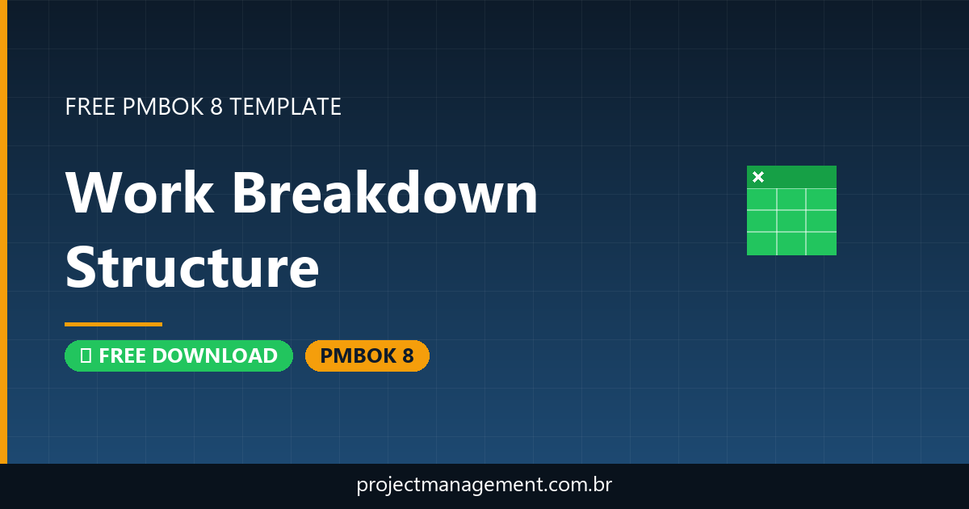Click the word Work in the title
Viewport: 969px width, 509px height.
pyautogui.click(x=140, y=194)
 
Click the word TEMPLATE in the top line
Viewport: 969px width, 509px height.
pyautogui.click(x=285, y=107)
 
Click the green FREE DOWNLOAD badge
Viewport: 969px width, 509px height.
pyautogui.click(x=178, y=355)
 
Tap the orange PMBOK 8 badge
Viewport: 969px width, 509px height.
pyautogui.click(x=367, y=355)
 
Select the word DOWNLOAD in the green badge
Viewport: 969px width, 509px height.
pyautogui.click(x=215, y=355)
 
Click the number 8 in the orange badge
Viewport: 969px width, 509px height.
pyautogui.click(x=408, y=355)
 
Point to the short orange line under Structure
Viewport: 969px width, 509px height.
pyautogui.click(x=113, y=324)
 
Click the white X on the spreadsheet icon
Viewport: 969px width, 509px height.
pyautogui.click(x=758, y=177)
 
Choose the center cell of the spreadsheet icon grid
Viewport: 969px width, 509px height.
pyautogui.click(x=791, y=221)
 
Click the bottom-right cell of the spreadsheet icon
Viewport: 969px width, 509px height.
pyautogui.click(x=821, y=243)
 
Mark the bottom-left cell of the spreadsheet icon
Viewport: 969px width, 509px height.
pyautogui.click(x=761, y=243)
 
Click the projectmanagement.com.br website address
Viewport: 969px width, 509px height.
pyautogui.click(x=484, y=486)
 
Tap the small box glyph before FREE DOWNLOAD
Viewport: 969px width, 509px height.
pyautogui.click(x=85, y=355)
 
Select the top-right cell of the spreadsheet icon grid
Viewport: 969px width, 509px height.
pyautogui.click(x=821, y=199)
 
